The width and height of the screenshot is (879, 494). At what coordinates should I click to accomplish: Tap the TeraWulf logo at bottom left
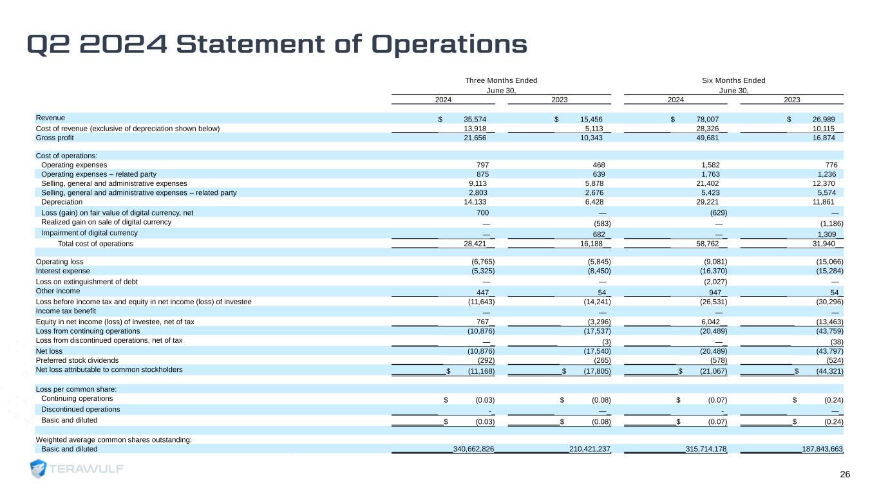pyautogui.click(x=77, y=469)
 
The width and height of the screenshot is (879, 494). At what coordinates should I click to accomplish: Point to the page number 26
pyautogui.click(x=845, y=474)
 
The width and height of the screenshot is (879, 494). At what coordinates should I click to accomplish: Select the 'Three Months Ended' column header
pyautogui.click(x=501, y=80)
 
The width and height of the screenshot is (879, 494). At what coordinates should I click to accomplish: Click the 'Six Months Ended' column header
pyautogui.click(x=733, y=80)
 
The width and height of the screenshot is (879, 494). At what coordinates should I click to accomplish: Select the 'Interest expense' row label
pyautogui.click(x=62, y=271)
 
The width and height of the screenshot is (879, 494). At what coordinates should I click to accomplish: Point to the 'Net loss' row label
pyautogui.click(x=49, y=351)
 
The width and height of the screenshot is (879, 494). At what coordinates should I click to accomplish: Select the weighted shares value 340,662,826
pyautogui.click(x=473, y=449)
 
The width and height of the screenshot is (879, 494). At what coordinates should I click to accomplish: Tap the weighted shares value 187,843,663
pyautogui.click(x=822, y=449)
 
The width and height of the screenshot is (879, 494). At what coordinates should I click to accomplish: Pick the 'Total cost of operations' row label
pyautogui.click(x=95, y=244)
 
